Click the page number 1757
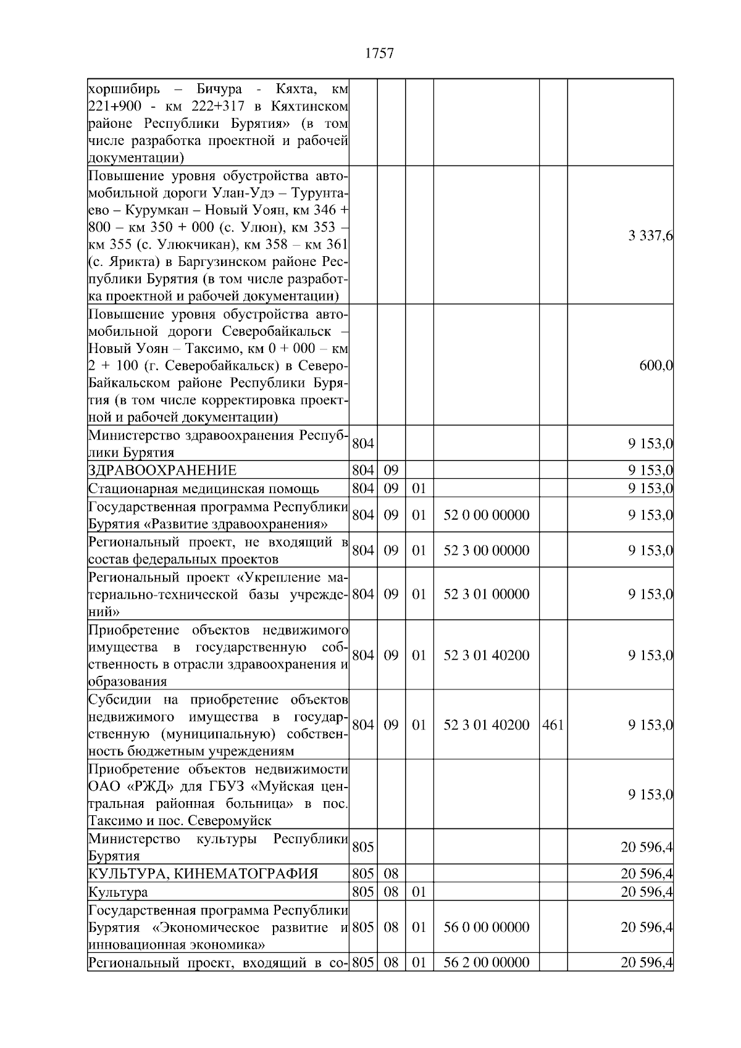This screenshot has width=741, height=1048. (x=379, y=54)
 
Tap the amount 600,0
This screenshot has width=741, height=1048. (x=655, y=365)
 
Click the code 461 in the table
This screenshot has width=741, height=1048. (x=553, y=725)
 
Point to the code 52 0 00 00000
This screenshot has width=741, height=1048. (x=486, y=515)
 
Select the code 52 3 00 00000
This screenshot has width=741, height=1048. (x=486, y=551)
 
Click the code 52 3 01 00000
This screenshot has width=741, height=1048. (x=486, y=594)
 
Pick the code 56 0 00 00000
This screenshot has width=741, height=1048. (x=486, y=928)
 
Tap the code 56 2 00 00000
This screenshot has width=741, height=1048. (x=486, y=963)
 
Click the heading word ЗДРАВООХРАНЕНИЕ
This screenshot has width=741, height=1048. (x=162, y=471)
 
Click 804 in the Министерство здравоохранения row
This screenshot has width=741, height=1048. (x=362, y=444)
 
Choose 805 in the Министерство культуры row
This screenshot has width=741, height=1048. (x=362, y=847)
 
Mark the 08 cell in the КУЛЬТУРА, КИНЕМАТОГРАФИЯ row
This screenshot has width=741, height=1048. (x=391, y=874)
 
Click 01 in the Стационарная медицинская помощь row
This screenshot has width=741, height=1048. (x=419, y=489)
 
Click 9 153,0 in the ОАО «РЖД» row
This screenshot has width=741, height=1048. (x=650, y=795)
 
